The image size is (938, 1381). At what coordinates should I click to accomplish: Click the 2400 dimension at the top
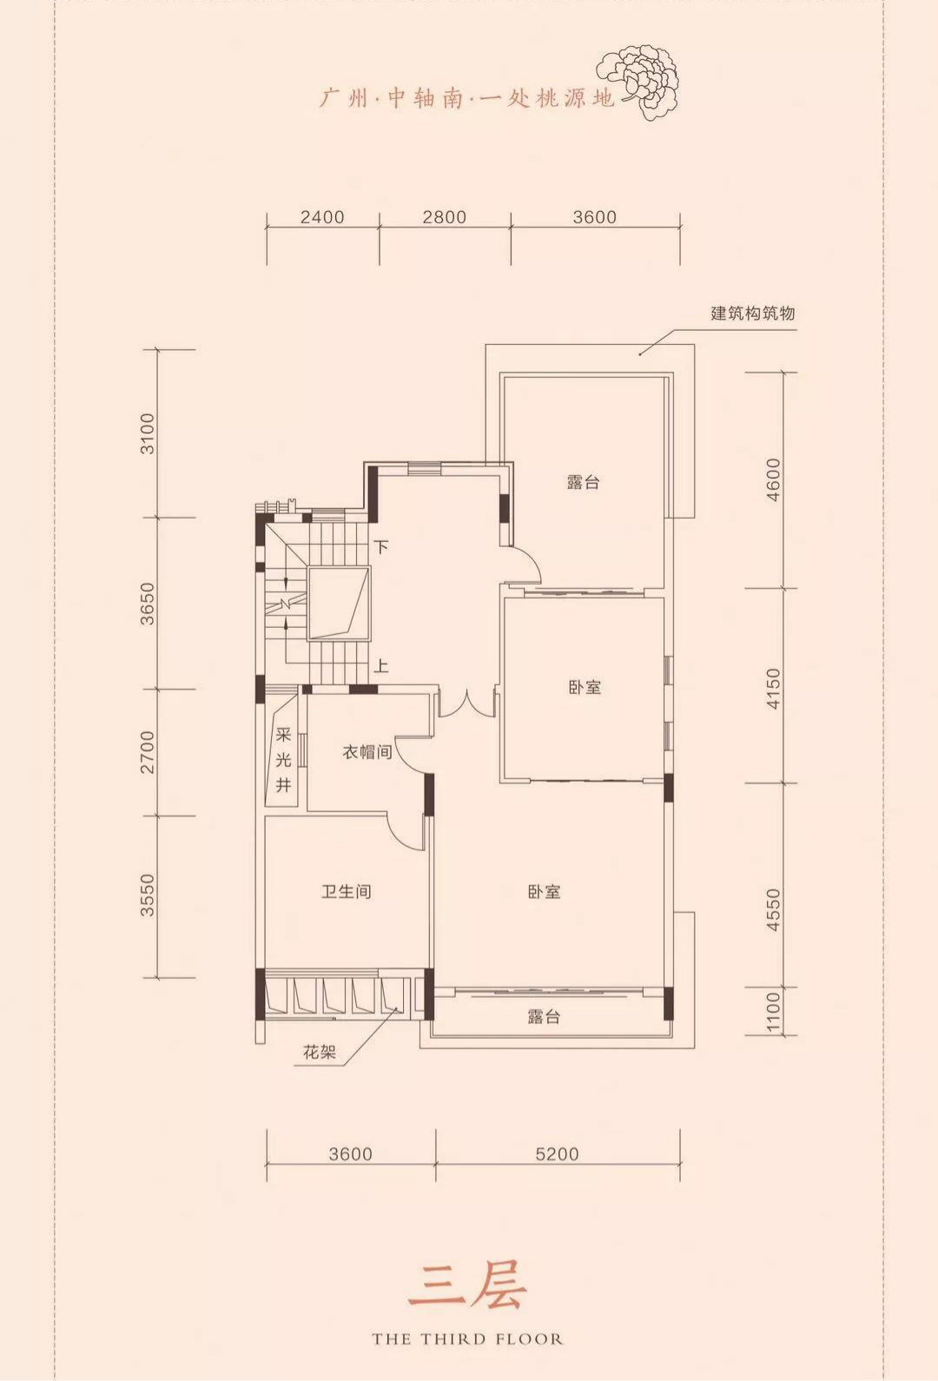click(x=322, y=217)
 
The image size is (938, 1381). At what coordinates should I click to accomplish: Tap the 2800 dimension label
click(x=445, y=217)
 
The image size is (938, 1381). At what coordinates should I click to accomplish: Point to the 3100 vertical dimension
click(x=148, y=433)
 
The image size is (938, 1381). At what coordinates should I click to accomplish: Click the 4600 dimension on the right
click(x=773, y=479)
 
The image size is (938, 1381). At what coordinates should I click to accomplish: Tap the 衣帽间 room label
click(x=367, y=752)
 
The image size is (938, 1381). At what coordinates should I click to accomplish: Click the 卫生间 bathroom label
click(x=347, y=891)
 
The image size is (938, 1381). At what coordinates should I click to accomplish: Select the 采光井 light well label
click(x=283, y=759)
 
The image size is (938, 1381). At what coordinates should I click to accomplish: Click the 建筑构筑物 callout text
click(x=752, y=314)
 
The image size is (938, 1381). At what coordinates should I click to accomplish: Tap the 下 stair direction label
click(x=382, y=547)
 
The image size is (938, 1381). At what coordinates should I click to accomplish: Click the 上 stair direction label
click(x=382, y=666)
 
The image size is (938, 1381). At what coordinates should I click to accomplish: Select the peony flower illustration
click(x=639, y=81)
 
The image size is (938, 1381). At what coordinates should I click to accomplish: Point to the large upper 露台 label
click(x=583, y=481)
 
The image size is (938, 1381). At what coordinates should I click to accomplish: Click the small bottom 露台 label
click(x=544, y=1016)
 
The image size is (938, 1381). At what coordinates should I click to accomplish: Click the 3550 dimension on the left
click(x=148, y=895)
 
